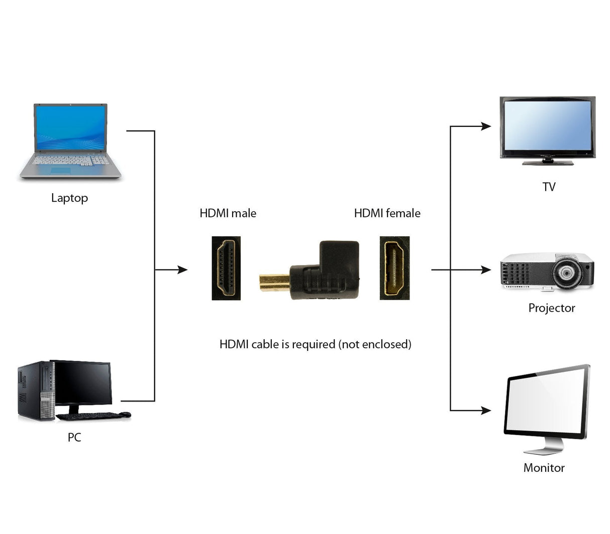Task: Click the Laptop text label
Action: tap(69, 198)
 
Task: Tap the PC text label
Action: tap(74, 437)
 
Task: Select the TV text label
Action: tap(549, 187)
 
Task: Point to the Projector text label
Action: tap(551, 308)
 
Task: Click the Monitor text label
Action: tap(544, 468)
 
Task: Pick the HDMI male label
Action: tap(228, 213)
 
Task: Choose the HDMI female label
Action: tap(387, 213)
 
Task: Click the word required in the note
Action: tap(314, 344)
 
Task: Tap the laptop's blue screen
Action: tap(70, 127)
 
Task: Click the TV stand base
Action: tap(547, 163)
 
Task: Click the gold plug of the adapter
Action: tap(274, 282)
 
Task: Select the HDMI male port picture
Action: tap(226, 268)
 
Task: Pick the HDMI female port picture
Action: tap(394, 268)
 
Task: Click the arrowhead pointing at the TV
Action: tap(486, 126)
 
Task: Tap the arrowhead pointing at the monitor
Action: tap(486, 411)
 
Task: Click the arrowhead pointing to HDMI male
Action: tap(182, 270)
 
